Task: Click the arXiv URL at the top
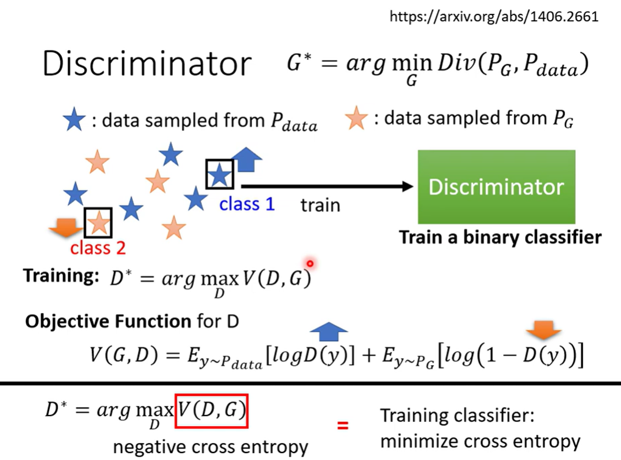coord(494,16)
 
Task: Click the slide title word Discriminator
coord(147,64)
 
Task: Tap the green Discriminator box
coord(496,187)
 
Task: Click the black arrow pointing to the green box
coord(327,186)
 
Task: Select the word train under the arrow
coord(320,205)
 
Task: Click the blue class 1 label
coord(247,204)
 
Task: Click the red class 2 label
coord(98,248)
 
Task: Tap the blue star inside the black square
coord(219,175)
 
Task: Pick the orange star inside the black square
coord(99,222)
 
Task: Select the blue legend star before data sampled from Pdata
coord(74,120)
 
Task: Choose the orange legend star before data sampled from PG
coord(356,120)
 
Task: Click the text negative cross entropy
coord(210,447)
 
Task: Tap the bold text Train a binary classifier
coord(500,237)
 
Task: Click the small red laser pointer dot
coord(310,264)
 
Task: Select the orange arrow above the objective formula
coord(544,332)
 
